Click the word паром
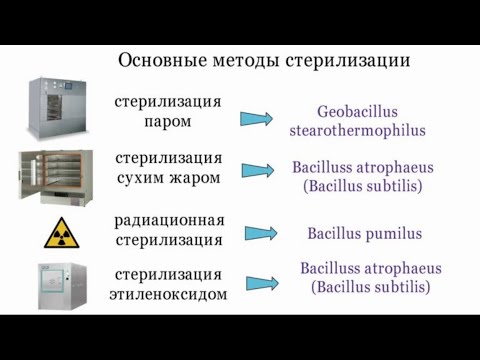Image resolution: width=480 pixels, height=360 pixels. pos(168,121)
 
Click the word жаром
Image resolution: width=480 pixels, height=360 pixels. pos(197,177)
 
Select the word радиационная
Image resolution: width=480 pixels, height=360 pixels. pos(170,220)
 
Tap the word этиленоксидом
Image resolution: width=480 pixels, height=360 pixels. pos(169,294)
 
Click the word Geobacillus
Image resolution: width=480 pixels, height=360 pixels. pos(358,112)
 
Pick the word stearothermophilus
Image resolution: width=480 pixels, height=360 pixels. pos(358,130)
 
